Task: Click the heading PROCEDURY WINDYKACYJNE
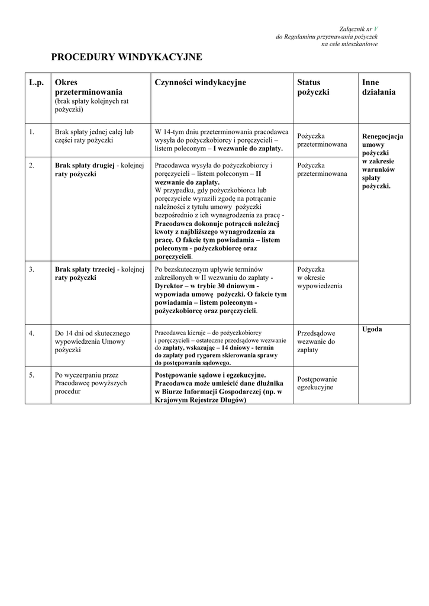[x=127, y=57]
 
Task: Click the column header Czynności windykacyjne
[x=200, y=83]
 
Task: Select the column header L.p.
[x=37, y=83]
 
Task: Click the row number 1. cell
[x=31, y=132]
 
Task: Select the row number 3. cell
[x=31, y=269]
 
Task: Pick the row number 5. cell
[x=31, y=375]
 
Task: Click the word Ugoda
[x=372, y=329]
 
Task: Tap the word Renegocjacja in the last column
[x=382, y=136]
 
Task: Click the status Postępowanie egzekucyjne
[x=317, y=383]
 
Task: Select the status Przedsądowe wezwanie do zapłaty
[x=316, y=341]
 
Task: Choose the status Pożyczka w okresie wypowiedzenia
[x=320, y=278]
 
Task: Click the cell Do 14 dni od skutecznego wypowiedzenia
[x=92, y=341]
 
